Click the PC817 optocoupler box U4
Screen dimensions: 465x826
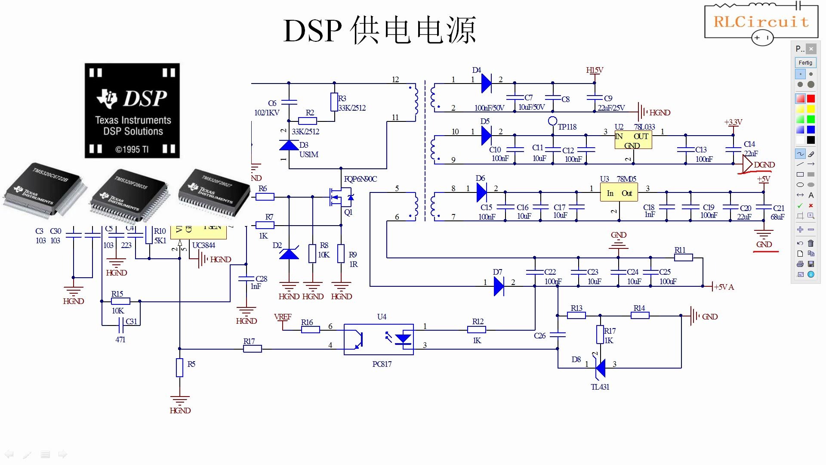tap(379, 339)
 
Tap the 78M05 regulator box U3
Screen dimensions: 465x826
tap(619, 193)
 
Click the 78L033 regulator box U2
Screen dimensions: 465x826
tap(633, 140)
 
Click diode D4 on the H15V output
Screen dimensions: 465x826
tap(487, 83)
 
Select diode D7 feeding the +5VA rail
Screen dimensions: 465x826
tap(499, 286)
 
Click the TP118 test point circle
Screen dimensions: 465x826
tap(553, 121)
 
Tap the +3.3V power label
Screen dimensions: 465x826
tap(733, 122)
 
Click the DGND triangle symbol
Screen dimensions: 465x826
tap(748, 164)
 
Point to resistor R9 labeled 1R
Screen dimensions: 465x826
tap(341, 254)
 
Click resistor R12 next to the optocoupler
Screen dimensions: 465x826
tap(477, 330)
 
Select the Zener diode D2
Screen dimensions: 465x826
tap(289, 254)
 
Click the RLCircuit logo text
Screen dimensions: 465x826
tap(761, 22)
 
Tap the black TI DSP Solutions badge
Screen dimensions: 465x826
tap(132, 111)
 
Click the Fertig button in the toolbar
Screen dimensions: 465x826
tap(805, 62)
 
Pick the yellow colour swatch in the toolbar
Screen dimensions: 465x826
tap(811, 109)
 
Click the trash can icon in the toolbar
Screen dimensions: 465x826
tap(811, 243)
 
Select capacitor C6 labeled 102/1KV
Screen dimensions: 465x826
tap(289, 102)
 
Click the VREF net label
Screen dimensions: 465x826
tap(283, 317)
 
